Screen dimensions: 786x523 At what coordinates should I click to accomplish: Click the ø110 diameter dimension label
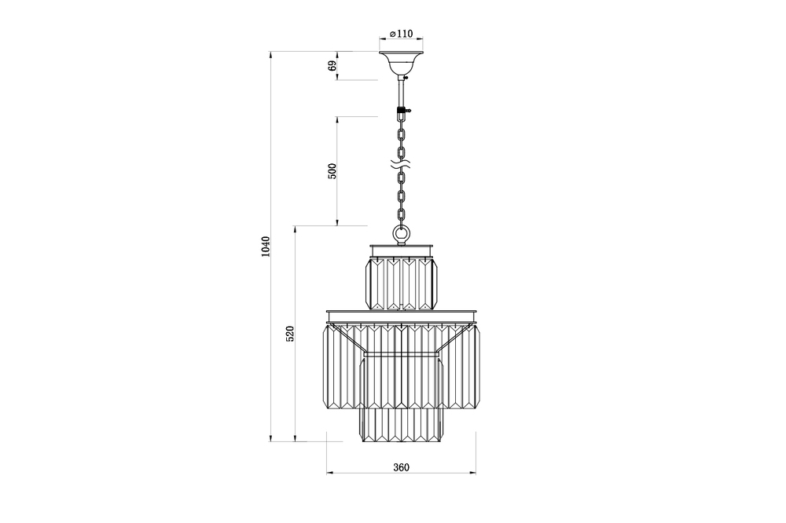point(401,34)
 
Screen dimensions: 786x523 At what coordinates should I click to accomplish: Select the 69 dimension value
point(332,66)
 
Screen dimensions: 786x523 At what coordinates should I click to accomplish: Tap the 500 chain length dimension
point(332,171)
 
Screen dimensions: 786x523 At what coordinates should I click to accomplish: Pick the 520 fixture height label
point(290,334)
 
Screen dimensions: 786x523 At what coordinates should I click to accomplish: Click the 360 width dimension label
point(401,467)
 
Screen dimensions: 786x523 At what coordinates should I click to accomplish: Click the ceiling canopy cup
point(401,63)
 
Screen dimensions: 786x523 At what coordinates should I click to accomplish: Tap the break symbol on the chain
point(401,163)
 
